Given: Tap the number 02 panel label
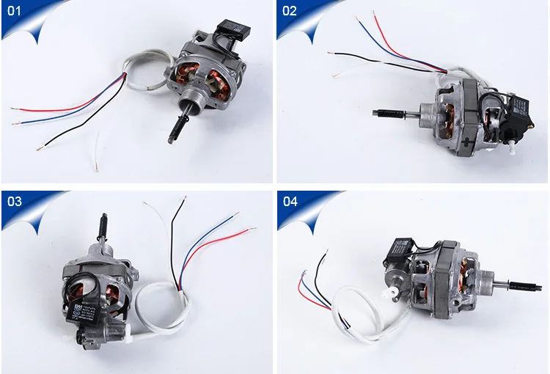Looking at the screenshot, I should [290, 11].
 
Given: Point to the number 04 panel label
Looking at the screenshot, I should [290, 201].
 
